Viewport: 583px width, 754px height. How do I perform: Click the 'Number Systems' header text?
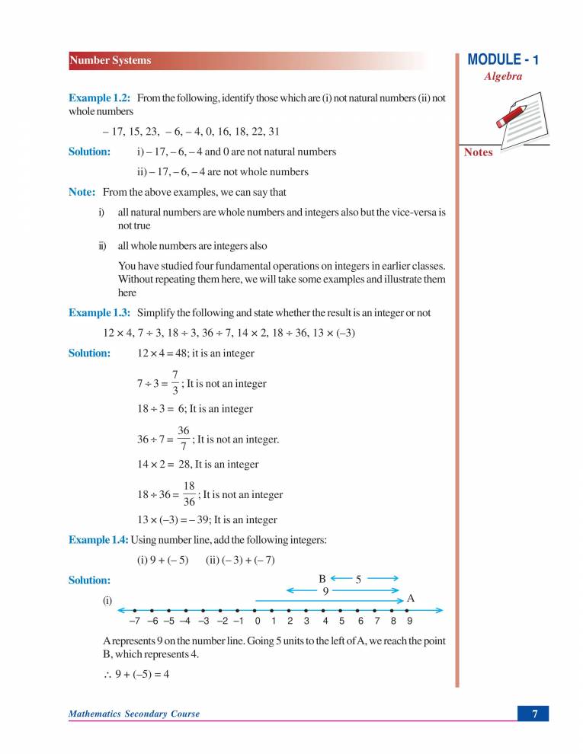111,61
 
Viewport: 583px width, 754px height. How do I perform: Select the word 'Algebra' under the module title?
503,77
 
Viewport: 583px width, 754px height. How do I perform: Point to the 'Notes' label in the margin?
479,152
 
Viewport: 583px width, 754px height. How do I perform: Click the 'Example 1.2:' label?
100,98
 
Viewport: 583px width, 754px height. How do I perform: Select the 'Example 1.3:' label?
100,312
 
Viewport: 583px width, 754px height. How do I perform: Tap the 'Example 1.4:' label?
99,540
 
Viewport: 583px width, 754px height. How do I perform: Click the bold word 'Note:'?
82,192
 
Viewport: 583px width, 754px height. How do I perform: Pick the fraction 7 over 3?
175,383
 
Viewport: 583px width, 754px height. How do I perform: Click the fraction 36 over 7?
184,439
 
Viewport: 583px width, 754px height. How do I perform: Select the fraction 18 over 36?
190,494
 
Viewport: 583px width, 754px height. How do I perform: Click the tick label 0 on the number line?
258,621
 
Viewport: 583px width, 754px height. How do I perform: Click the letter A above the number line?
411,599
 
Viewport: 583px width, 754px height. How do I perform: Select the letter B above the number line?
322,578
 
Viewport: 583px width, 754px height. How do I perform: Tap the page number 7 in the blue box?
535,714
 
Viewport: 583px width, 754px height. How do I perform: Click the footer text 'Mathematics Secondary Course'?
134,714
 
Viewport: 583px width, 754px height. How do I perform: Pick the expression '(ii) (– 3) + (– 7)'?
240,561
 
